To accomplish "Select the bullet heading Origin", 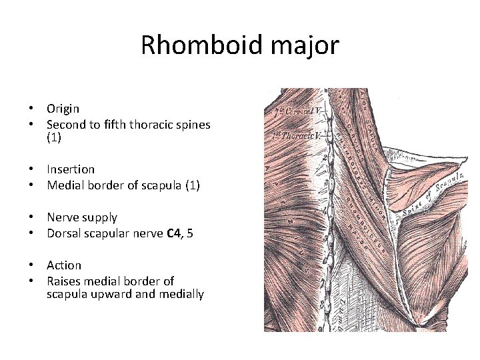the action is click(x=63, y=108).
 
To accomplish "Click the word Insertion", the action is click(x=71, y=169).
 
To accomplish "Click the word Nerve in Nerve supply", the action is click(x=62, y=217).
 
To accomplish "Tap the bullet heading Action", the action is click(x=64, y=265).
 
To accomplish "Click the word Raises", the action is click(x=64, y=281).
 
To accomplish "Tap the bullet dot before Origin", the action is click(x=31, y=108).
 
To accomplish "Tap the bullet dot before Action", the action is click(x=31, y=265).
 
